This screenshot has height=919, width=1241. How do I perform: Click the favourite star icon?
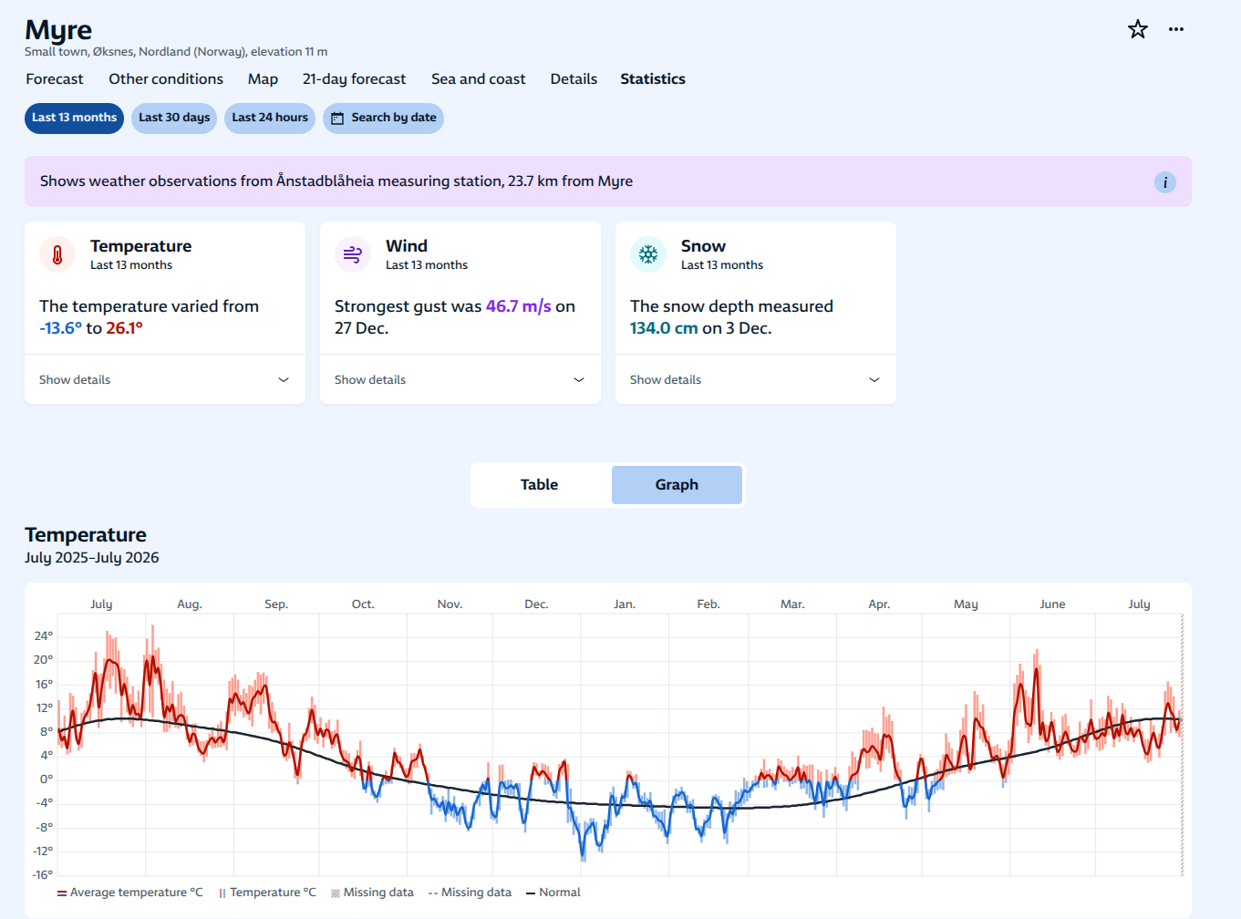tap(1137, 29)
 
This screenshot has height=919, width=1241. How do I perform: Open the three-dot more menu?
tap(1176, 29)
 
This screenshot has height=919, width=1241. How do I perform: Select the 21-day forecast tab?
tap(354, 79)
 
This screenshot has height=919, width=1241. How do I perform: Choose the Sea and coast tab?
tap(478, 79)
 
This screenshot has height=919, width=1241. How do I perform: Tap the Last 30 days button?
tap(174, 118)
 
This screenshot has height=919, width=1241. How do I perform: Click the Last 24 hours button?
tap(270, 118)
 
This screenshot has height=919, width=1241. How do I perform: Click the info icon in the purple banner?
tap(1165, 182)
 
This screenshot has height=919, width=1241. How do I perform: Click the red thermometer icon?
tap(57, 254)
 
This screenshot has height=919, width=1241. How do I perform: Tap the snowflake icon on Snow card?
tap(648, 254)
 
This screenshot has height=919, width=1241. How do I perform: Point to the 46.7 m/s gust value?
tap(518, 306)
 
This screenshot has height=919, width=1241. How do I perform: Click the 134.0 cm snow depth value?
tap(664, 328)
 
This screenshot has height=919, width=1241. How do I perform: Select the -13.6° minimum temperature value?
tap(60, 328)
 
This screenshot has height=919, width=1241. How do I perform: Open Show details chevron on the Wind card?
tap(578, 379)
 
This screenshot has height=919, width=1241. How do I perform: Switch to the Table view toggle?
tap(540, 485)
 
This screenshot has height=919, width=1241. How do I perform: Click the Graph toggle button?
tap(677, 485)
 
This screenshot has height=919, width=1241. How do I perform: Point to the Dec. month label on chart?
tap(536, 604)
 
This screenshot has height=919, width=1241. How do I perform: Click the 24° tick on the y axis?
tap(43, 635)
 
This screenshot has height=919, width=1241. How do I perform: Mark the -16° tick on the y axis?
tap(42, 874)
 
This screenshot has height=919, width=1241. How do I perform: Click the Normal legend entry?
tap(553, 893)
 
